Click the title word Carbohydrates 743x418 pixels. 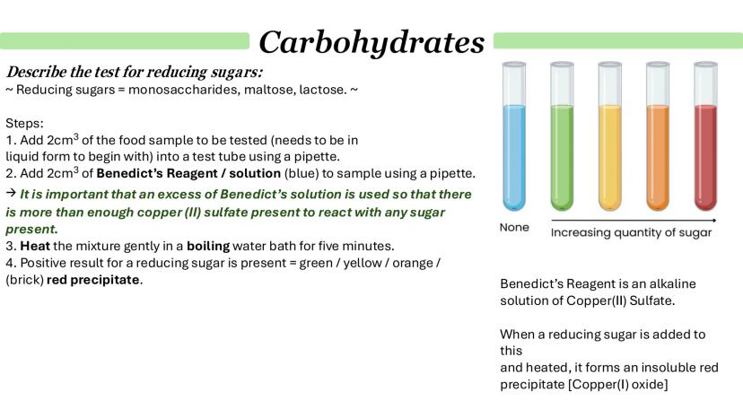371,43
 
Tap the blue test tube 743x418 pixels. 514,136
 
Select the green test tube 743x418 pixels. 562,136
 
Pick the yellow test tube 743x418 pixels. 610,136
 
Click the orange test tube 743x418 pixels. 658,136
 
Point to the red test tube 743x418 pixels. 705,136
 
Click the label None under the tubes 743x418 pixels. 514,228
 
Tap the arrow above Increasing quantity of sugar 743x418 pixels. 634,221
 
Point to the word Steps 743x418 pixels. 24,124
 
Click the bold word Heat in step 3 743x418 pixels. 35,246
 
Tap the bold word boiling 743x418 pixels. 208,247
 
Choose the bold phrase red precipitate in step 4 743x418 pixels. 93,280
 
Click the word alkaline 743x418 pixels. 672,283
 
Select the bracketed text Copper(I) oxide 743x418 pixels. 618,384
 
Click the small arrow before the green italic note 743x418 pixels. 11,193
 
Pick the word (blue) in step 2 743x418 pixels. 302,173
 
